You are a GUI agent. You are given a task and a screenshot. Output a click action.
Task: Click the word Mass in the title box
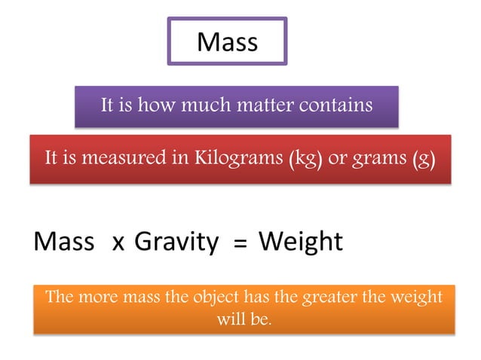[x=227, y=41]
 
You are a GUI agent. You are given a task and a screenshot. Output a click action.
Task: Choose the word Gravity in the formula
[x=177, y=241]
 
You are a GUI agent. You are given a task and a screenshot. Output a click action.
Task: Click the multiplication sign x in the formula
[x=118, y=243]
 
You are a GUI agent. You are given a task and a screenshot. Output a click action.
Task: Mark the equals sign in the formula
[x=240, y=243]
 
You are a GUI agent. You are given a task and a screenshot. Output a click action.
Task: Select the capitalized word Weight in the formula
[x=300, y=241]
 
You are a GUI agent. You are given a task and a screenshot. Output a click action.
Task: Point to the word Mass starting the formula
[x=64, y=241]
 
